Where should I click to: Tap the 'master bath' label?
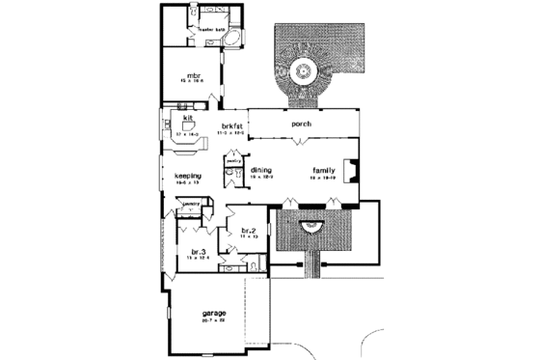click(210, 29)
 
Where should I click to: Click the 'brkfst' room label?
click(229, 126)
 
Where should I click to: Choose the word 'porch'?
click(301, 124)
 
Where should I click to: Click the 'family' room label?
click(323, 170)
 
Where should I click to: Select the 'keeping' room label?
click(187, 176)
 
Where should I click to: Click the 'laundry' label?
click(191, 204)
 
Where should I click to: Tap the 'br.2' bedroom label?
click(247, 231)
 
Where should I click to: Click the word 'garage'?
click(213, 314)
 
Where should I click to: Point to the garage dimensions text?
click(214, 321)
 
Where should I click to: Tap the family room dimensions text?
click(323, 179)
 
